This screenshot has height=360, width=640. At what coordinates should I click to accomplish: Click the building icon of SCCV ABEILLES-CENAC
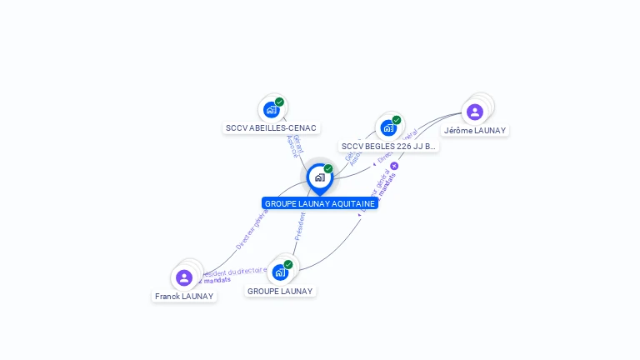tap(271, 110)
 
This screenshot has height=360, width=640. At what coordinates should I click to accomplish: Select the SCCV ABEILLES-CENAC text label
tap(271, 128)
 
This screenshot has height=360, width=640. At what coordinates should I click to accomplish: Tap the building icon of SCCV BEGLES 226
tap(388, 127)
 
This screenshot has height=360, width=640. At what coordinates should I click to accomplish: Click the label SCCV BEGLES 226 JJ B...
tap(388, 146)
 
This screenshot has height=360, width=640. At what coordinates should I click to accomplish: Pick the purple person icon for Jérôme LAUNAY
tap(475, 112)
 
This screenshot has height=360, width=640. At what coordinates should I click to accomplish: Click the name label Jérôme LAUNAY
tap(475, 130)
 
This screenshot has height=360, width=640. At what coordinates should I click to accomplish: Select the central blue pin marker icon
tap(319, 177)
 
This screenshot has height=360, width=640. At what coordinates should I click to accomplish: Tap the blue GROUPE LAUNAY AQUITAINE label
tap(320, 203)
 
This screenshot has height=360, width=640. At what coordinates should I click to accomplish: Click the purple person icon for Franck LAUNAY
tap(184, 277)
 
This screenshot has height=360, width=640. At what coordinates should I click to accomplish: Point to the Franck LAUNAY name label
tap(184, 296)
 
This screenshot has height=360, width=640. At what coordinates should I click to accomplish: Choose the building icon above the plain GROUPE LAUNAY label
tap(280, 272)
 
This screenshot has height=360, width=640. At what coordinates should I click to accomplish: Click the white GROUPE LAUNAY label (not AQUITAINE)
tap(280, 291)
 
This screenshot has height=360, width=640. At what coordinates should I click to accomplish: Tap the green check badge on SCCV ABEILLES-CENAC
tap(279, 102)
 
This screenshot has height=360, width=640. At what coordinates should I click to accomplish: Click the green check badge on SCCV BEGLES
tap(397, 120)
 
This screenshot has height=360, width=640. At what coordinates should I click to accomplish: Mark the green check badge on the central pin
tap(328, 168)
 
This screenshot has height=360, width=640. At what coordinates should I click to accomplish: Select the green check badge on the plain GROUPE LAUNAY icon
tap(288, 264)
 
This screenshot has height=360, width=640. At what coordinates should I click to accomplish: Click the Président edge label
tap(300, 226)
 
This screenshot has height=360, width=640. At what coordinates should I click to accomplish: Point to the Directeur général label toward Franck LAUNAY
tap(251, 229)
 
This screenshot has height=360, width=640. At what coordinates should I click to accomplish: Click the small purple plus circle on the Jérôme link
tap(394, 166)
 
